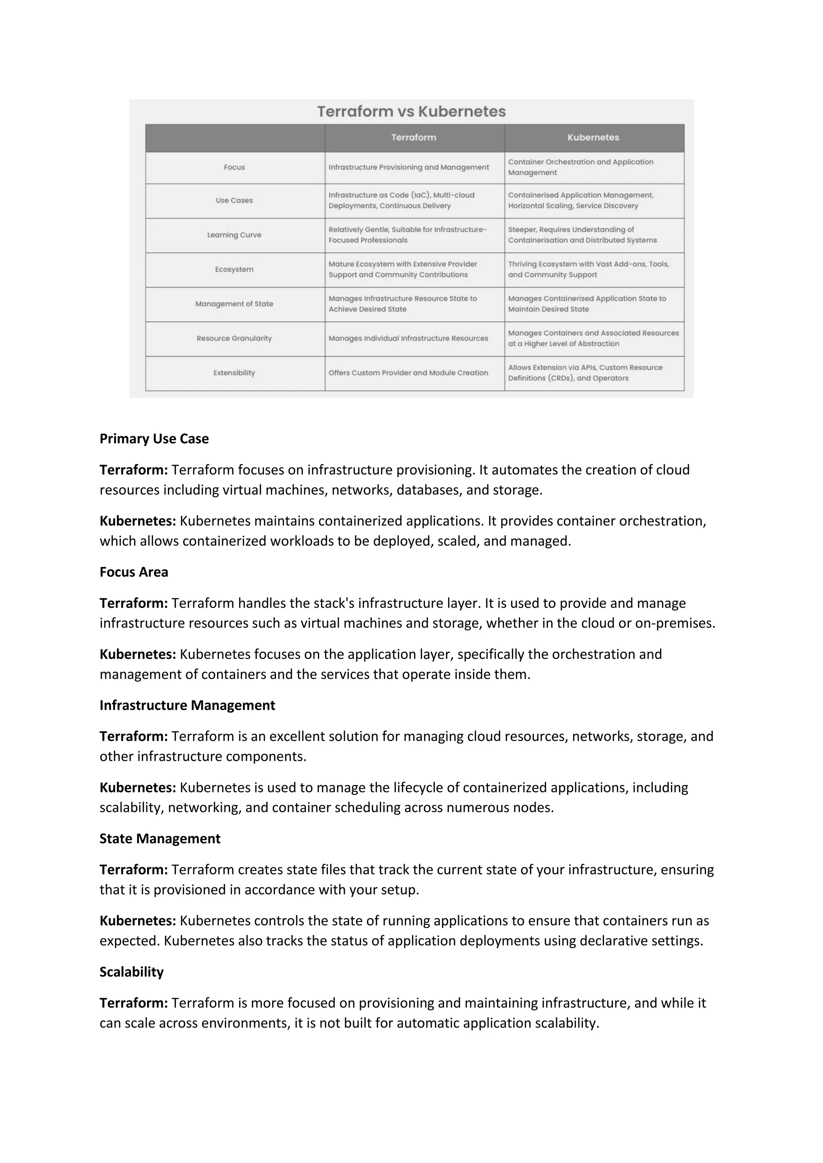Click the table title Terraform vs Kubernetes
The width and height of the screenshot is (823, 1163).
click(411, 111)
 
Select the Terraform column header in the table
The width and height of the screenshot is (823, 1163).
click(413, 137)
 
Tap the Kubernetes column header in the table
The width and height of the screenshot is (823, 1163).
click(593, 137)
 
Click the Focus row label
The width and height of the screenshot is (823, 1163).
click(234, 167)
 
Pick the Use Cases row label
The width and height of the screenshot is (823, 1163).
click(234, 200)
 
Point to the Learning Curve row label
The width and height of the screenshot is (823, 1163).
click(234, 235)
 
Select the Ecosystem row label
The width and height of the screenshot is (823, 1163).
click(234, 269)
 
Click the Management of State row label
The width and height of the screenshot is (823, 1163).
click(234, 304)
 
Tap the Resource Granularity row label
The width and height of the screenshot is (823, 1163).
click(234, 339)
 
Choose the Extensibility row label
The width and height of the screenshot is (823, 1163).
click(234, 373)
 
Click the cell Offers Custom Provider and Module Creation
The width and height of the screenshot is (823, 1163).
click(408, 373)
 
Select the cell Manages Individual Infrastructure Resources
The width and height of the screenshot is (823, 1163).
click(408, 339)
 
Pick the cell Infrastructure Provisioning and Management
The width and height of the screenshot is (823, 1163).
click(408, 167)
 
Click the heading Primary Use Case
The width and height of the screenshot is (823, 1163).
click(154, 439)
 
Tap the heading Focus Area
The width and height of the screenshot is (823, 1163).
click(134, 572)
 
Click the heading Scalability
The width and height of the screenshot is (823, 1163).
click(131, 971)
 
